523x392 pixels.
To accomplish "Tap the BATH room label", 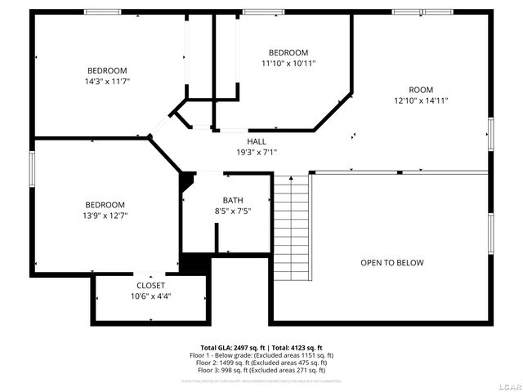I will click(233, 200).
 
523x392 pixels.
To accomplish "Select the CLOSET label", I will click(150, 285).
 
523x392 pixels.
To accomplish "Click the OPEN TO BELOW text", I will click(392, 263).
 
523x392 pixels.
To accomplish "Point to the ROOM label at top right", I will click(421, 90).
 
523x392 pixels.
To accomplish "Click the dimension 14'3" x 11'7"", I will click(107, 82).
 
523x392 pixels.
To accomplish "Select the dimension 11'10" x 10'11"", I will click(288, 64).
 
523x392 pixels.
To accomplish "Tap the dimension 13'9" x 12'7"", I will click(105, 216).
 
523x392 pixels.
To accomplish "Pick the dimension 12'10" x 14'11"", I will click(421, 100).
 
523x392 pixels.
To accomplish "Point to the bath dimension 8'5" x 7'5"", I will click(233, 211).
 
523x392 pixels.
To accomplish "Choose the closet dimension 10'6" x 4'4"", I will click(150, 296).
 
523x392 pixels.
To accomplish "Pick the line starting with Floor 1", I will click(261, 355).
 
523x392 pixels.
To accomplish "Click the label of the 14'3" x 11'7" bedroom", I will click(107, 70).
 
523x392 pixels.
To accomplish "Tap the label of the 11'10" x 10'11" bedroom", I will click(288, 52).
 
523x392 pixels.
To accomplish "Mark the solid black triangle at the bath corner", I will click(186, 179).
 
